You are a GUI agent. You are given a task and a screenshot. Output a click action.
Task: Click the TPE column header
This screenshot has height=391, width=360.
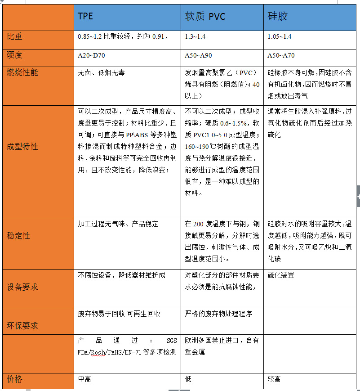pos(85,17)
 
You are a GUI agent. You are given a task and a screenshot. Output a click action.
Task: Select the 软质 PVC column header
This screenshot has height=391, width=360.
pos(205,17)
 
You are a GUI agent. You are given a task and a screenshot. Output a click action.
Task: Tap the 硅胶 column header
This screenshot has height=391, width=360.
pos(277,17)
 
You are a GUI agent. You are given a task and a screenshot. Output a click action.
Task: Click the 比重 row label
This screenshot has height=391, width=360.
pos(14,36)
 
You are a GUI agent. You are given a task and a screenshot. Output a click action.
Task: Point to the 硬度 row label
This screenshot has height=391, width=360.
pos(14,55)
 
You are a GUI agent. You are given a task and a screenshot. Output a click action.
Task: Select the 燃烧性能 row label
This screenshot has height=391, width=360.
pos(22,72)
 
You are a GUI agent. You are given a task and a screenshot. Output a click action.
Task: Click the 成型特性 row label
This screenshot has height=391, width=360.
pos(22,147)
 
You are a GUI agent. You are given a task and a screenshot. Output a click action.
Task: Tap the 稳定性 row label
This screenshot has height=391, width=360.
pos(18,235)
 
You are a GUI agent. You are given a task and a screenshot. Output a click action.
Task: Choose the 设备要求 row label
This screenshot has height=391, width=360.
pos(22,287)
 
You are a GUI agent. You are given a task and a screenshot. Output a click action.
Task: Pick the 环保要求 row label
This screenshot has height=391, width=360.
pos(22,325)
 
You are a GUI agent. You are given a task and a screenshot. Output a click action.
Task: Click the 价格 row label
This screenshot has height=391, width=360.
pos(14,379)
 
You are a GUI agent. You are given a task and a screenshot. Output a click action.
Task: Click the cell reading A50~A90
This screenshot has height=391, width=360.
pos(199,56)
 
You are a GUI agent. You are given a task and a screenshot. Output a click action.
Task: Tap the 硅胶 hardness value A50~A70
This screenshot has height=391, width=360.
pos(281,56)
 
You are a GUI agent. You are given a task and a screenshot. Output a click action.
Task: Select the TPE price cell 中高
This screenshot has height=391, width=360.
pos(84,379)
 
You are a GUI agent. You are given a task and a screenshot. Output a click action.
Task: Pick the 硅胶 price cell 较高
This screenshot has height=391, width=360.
pos(274,379)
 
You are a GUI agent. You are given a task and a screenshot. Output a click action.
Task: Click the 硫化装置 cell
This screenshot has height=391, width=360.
pos(281,275)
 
